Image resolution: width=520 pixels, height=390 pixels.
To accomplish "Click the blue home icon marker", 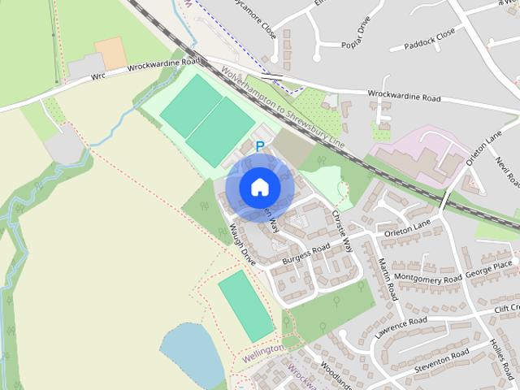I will point(259,187).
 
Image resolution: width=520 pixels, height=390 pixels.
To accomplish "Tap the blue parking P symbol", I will point(260,147).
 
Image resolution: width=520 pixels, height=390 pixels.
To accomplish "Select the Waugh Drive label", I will point(242,245).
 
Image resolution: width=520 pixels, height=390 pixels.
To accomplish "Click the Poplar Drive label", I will point(362,43).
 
